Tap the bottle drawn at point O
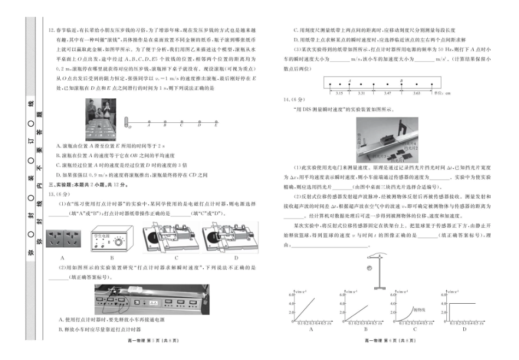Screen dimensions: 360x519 [x=127, y=120]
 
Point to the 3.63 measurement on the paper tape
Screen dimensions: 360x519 [x=416, y=93]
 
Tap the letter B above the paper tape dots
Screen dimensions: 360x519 [x=402, y=80]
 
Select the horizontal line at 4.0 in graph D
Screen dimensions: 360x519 [x=462, y=303]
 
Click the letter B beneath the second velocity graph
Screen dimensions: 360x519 [x=365, y=329]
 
